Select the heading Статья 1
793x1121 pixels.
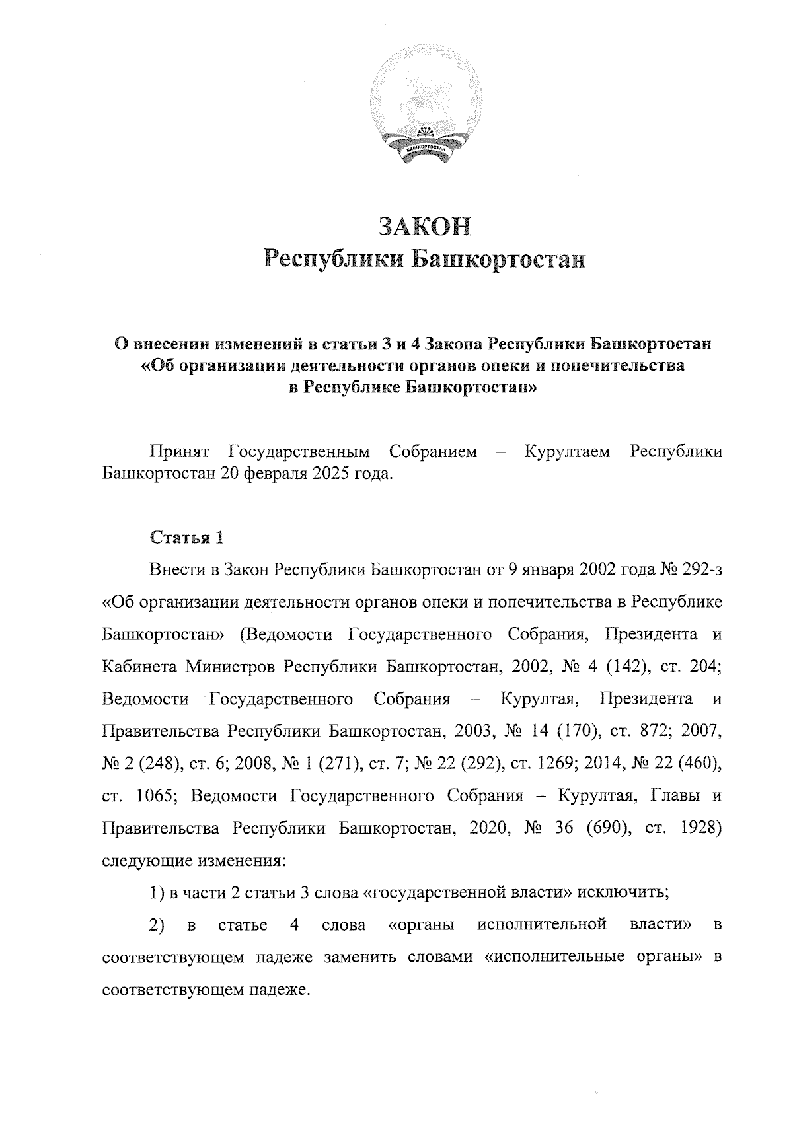click(187, 537)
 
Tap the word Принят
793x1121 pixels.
click(180, 452)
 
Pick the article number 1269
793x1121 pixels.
click(568, 764)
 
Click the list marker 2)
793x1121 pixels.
click(157, 925)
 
